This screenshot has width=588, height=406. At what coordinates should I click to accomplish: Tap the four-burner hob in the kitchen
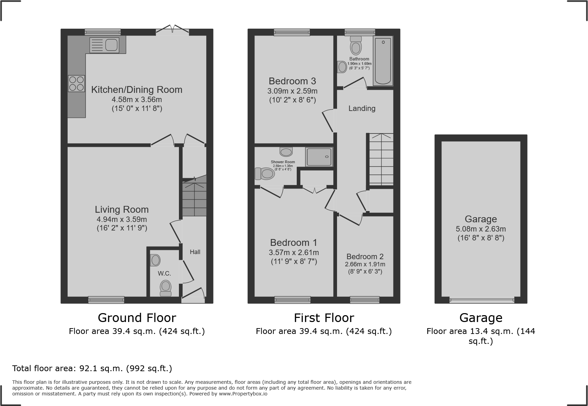point(76,83)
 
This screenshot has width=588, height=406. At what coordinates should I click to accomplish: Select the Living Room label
point(122,209)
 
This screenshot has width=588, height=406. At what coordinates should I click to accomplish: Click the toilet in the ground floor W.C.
point(166,288)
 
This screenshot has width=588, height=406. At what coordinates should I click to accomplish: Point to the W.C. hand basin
point(155,261)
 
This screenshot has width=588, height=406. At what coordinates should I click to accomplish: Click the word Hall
point(195,252)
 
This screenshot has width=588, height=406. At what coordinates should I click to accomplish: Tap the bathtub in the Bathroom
point(383,61)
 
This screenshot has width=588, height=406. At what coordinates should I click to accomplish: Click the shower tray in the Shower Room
point(319,157)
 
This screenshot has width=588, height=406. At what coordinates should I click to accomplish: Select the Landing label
point(362,109)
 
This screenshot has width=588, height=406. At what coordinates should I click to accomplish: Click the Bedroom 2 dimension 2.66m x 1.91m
point(365,264)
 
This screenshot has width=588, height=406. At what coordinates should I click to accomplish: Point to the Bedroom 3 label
point(292,81)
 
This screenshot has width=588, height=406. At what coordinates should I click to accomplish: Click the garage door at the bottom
point(481,300)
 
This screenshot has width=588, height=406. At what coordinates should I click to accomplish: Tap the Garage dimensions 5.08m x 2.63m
point(480,229)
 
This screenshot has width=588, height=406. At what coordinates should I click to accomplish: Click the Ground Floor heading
point(137,318)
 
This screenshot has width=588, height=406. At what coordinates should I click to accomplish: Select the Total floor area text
point(92,368)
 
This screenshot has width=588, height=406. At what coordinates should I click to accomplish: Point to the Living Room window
point(106,300)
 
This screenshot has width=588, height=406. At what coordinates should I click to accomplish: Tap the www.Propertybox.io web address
point(243,394)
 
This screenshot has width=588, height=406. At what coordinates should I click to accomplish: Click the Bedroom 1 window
point(293,300)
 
